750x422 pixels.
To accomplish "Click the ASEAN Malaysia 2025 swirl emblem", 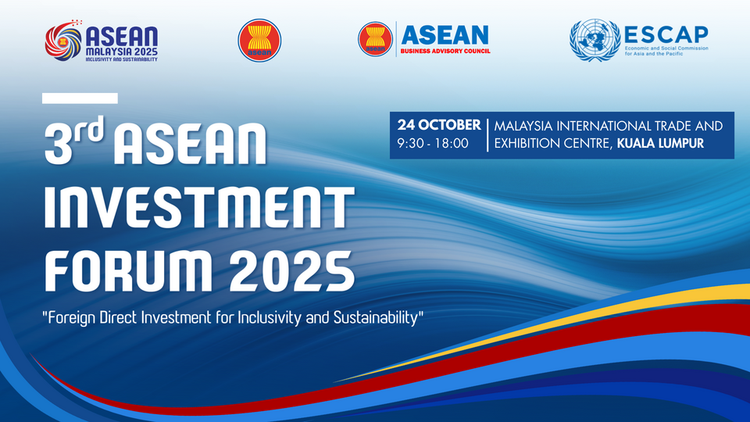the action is pos(63,41).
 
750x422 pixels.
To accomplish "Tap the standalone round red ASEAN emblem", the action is pos(259,40).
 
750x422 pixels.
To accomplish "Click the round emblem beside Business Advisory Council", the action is pos(376,39).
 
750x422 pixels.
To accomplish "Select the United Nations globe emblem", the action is pos(595,40).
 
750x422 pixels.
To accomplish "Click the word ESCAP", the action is pos(666,34).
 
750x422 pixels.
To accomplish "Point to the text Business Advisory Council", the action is pos(445,52).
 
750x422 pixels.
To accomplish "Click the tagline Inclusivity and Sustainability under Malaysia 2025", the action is pos(122,59).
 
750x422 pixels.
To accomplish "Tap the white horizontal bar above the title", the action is pos(80,98).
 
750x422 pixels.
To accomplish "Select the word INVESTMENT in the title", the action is pos(199,206).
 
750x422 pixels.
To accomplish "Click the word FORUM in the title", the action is pos(129,271).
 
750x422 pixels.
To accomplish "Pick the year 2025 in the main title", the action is pos(291,271).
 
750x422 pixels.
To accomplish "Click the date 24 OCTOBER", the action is pos(439,125).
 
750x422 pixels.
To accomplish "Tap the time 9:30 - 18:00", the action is pos(433,144).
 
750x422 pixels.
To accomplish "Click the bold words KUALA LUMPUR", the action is pos(661,144).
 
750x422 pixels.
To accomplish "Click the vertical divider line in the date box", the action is pos(487,135).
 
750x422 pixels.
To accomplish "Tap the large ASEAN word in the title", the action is pos(189,144).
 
